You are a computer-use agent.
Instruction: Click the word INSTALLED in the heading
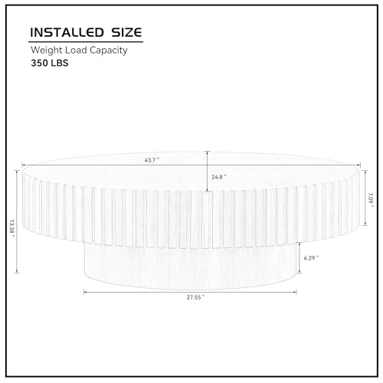[x=67, y=32]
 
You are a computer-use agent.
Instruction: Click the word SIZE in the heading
[x=126, y=32]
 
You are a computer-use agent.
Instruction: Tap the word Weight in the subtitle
[x=47, y=51]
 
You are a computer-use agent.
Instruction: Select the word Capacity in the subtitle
[x=109, y=51]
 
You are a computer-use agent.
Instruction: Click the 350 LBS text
[x=50, y=63]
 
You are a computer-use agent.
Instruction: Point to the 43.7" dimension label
[x=152, y=160]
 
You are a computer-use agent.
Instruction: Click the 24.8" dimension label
[x=219, y=177]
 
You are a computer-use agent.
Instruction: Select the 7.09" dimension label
[x=371, y=200]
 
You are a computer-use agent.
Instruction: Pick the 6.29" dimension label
[x=311, y=258]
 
